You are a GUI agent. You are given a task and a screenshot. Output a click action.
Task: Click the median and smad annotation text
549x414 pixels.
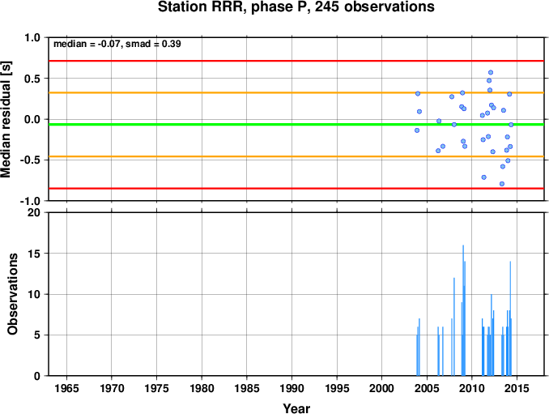coord(117,44)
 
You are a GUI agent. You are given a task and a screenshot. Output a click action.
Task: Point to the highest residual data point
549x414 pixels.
coord(491,72)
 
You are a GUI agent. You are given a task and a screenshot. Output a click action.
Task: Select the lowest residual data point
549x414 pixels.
coord(502,184)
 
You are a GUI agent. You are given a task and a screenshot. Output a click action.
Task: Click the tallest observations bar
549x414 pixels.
coord(463,310)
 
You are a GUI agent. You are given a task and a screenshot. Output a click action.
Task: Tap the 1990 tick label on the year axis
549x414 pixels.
coord(292,388)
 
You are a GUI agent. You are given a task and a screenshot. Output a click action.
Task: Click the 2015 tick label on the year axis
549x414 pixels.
coord(517,388)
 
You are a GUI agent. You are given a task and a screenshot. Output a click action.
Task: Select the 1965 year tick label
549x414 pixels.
coord(66,388)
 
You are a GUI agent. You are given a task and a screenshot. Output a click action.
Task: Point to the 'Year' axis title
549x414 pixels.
coord(296,408)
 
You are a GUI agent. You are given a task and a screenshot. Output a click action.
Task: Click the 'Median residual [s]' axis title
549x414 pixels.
coord(6,119)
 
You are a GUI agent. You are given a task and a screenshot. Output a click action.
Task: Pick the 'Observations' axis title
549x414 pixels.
coord(13,294)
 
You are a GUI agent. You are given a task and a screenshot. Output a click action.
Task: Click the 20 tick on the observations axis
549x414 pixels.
coord(34,212)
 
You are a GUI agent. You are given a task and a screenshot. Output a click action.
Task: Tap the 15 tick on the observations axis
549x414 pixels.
coord(34,254)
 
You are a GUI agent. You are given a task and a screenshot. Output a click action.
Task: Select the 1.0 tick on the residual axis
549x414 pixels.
coord(32,37)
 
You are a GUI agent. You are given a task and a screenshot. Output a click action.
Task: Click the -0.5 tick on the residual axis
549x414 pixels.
coord(31,160)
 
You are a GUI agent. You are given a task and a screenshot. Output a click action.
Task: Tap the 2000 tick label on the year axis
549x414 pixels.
coord(381,388)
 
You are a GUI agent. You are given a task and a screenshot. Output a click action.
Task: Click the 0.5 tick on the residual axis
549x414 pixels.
coord(32,79)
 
